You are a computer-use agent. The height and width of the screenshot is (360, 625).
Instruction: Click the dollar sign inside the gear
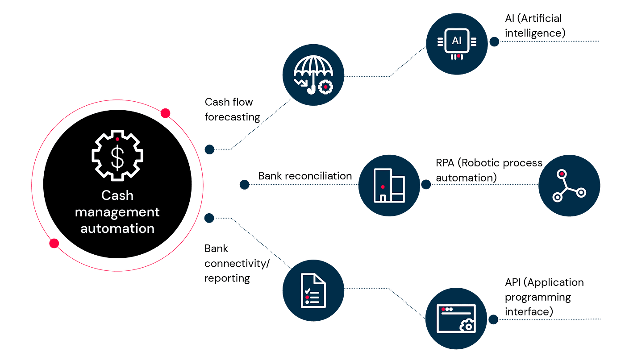coord(117,157)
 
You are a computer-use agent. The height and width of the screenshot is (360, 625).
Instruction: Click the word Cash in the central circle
coord(117,195)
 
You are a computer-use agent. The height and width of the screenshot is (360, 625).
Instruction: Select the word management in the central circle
coord(117,211)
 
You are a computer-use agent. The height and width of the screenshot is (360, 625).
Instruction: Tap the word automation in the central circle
coord(117,228)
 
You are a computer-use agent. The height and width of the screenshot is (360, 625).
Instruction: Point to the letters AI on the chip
coord(456,41)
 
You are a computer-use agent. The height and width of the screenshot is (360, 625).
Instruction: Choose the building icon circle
coord(389,186)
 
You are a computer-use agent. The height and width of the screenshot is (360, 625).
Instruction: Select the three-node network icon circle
coord(569,186)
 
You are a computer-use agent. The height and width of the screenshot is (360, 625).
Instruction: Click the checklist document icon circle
coord(314,290)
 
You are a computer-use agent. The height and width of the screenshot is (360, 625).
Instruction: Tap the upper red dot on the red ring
coord(166,113)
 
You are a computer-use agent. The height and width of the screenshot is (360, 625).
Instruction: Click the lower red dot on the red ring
coord(54,243)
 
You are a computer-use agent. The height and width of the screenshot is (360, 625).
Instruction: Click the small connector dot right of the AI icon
coord(494,41)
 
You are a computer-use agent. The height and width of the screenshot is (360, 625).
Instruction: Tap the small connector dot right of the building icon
coord(426,185)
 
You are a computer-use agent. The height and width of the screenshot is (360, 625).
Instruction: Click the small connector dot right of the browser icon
coord(493,319)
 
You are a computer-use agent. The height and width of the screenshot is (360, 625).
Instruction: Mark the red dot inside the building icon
coord(383,186)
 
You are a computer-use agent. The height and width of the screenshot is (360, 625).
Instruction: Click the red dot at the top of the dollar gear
coord(117,139)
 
